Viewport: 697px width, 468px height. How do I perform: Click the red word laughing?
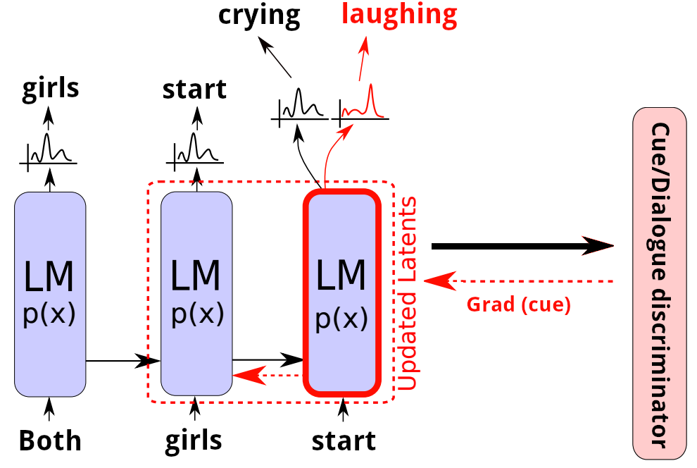tap(399, 14)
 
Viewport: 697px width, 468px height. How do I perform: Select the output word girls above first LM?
tap(50, 90)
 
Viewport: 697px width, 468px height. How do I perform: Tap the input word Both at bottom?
tap(50, 441)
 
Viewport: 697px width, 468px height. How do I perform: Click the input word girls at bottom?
tap(194, 441)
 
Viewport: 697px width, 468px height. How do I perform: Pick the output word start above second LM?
tap(194, 90)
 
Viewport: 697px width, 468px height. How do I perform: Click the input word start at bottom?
tap(344, 441)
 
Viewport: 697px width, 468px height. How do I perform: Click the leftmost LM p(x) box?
tap(50, 292)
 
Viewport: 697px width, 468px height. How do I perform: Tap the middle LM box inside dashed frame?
tap(196, 292)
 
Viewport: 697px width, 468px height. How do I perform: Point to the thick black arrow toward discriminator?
tap(521, 246)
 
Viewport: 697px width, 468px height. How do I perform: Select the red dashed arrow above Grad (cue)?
tap(521, 281)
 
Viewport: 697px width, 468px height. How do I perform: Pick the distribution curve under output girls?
tap(48, 149)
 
